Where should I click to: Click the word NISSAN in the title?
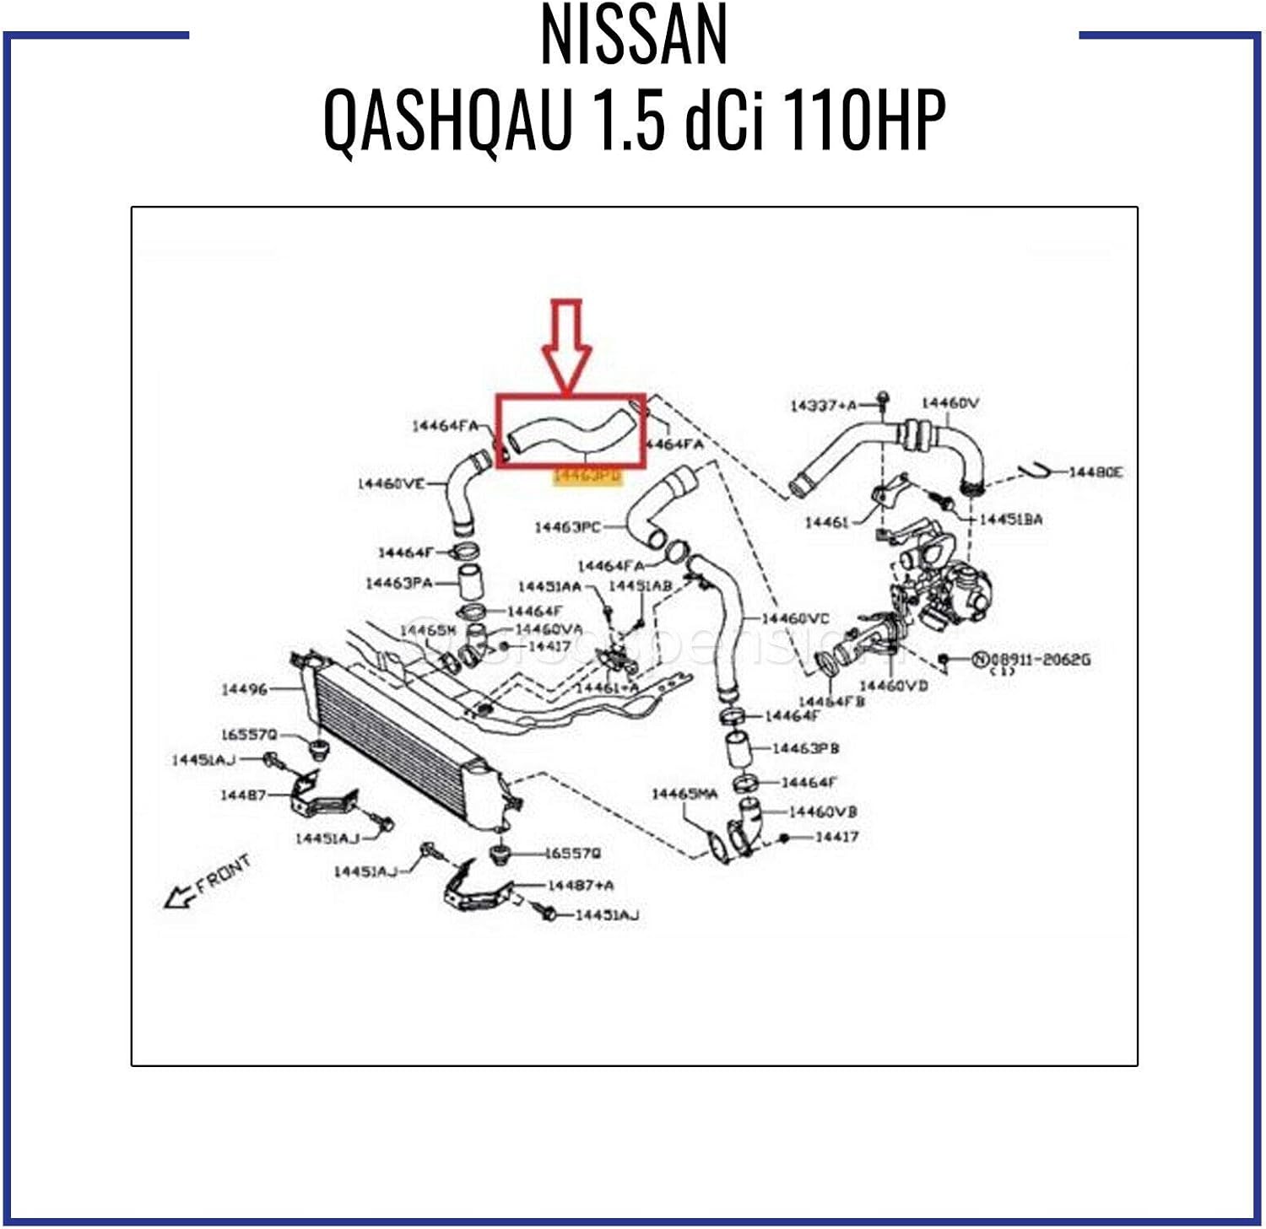[x=633, y=35]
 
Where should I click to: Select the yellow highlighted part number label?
[x=587, y=476]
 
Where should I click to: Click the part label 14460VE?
[x=391, y=484]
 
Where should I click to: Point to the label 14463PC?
[x=567, y=527]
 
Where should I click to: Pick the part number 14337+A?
[x=823, y=406]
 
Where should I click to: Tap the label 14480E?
[x=1096, y=472]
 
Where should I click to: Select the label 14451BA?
[x=1010, y=520]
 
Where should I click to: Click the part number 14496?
[x=244, y=689]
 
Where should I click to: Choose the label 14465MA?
[x=684, y=794]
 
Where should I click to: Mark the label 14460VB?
[x=823, y=811]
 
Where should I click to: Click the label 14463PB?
[x=805, y=748]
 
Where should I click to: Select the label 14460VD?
[x=893, y=686]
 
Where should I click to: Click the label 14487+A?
[x=581, y=885]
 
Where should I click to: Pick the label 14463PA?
[x=398, y=583]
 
